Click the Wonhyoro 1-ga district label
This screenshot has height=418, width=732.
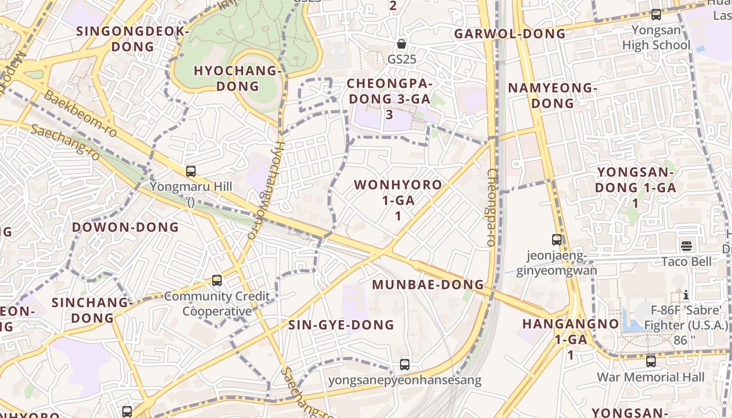pos(398,193)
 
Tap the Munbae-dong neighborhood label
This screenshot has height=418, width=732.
pos(428,285)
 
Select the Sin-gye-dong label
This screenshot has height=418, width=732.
pos(341,325)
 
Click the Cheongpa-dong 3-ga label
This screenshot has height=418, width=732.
pos(390,91)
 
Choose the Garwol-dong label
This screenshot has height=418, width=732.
pos(510,34)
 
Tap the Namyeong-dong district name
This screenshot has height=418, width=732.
pos(552,95)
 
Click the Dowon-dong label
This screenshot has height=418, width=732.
pos(125,227)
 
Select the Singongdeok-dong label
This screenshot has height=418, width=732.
pos(133,39)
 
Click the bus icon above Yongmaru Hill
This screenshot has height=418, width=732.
pos(191,171)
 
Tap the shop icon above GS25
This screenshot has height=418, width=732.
pos(402,44)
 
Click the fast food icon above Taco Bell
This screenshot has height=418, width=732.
pos(686,246)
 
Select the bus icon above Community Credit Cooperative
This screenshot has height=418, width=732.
pos(217,281)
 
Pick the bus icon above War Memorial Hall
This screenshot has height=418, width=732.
pos(651,361)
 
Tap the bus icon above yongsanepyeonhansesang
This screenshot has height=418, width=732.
pos(405,365)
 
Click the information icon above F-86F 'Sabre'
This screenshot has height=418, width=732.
pos(686,295)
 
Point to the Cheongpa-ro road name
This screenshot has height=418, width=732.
pos(491,207)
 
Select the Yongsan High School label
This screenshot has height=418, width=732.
pos(656,38)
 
